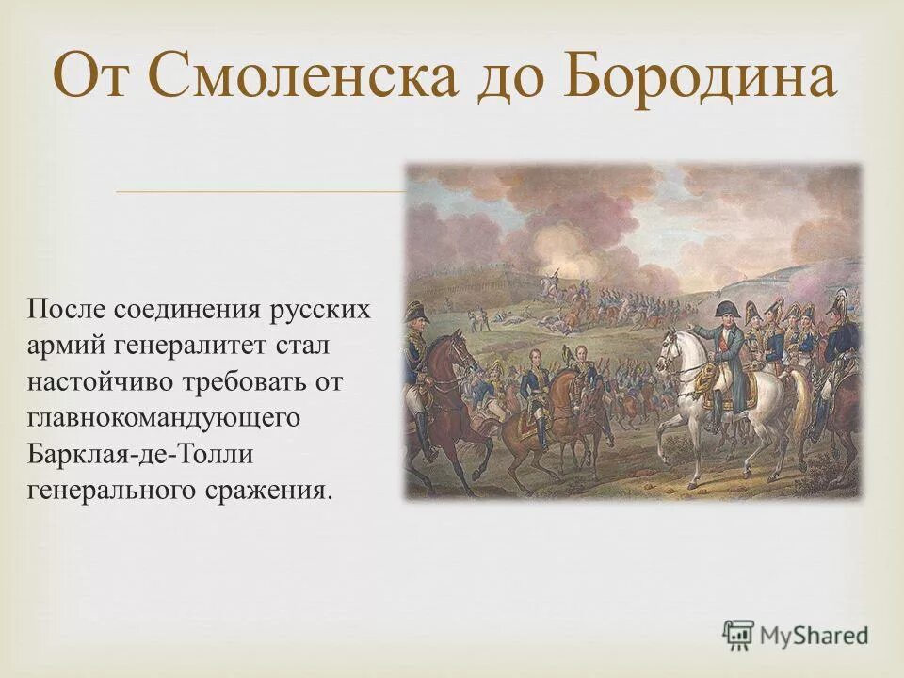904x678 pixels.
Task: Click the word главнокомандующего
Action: click(164, 418)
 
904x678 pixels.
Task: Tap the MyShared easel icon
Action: click(739, 634)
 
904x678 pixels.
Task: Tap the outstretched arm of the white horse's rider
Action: click(699, 331)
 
